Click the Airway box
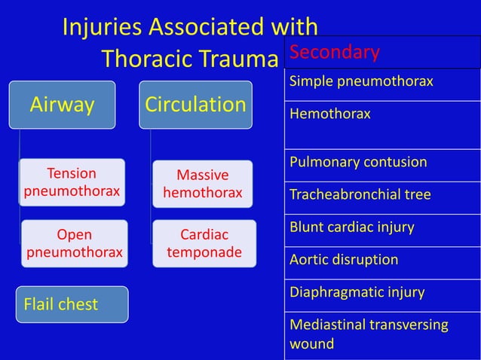[62, 105]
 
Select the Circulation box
[195, 105]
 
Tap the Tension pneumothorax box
[72, 182]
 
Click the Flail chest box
[72, 304]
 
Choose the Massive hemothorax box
[202, 185]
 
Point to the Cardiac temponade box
[204, 243]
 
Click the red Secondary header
[335, 52]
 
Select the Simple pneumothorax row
[382, 81]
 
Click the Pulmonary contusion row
[382, 163]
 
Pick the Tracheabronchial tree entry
[382, 195]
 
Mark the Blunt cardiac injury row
[382, 227]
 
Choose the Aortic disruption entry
[382, 260]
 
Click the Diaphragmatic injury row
[382, 292]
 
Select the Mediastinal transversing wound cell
[382, 334]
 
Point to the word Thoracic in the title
[150, 58]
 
